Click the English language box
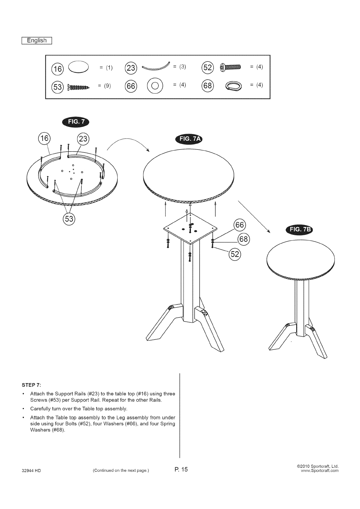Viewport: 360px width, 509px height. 37,41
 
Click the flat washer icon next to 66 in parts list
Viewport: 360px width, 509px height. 155,86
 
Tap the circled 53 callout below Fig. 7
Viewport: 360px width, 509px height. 69,218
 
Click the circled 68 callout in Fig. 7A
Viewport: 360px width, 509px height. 244,239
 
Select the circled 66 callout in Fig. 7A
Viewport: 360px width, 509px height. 240,225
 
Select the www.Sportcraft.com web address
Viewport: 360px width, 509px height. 319,471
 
